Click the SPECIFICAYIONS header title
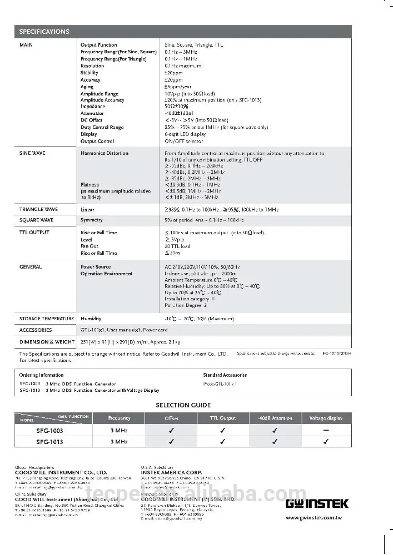[x=44, y=32]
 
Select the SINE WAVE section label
[x=32, y=153]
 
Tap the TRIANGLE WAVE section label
[x=38, y=210]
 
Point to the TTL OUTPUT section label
[x=34, y=233]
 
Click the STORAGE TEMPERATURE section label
[x=47, y=319]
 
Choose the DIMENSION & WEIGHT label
[x=47, y=342]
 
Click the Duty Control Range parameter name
[x=102, y=127]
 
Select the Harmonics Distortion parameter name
[x=105, y=153]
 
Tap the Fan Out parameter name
[x=89, y=246]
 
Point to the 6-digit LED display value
[x=185, y=134]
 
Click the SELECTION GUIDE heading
[x=183, y=405]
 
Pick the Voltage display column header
[x=326, y=418]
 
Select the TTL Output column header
[x=222, y=418]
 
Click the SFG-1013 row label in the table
[x=49, y=442]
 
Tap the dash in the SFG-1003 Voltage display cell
[x=326, y=430]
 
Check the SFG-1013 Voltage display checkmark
[x=326, y=442]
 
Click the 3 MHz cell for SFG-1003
[x=119, y=430]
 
